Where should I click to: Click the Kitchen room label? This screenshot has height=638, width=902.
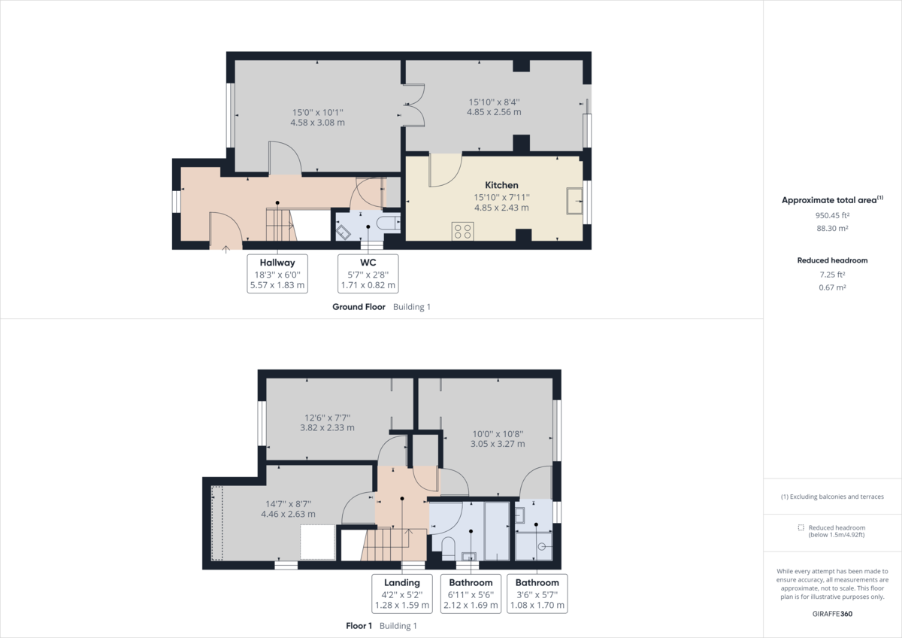tap(501, 185)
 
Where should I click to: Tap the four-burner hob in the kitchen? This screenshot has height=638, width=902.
tap(463, 231)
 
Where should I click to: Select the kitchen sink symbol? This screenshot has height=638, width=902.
tap(574, 201)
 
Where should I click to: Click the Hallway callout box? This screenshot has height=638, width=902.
tap(277, 274)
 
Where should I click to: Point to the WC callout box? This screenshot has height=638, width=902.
tap(368, 274)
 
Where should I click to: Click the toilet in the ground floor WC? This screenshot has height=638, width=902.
tap(389, 223)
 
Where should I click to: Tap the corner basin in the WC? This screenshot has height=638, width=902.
tap(343, 232)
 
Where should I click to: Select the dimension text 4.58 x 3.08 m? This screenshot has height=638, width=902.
tap(318, 123)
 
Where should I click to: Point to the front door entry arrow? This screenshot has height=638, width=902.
tap(226, 250)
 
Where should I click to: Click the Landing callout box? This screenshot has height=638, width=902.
tap(402, 594)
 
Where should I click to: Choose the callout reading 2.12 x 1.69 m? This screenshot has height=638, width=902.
tap(471, 606)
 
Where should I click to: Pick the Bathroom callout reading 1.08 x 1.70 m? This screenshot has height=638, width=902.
tap(537, 594)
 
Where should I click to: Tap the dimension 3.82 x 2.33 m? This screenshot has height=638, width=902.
tap(328, 427)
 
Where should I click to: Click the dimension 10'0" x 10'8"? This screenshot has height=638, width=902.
tap(498, 434)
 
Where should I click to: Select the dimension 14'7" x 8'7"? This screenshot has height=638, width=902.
tap(289, 504)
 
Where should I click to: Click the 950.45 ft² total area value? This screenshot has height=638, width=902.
tap(832, 215)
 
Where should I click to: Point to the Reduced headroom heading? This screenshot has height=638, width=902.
tap(832, 260)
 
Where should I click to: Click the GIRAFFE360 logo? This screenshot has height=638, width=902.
tap(832, 614)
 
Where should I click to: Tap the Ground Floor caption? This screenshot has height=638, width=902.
tap(359, 307)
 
